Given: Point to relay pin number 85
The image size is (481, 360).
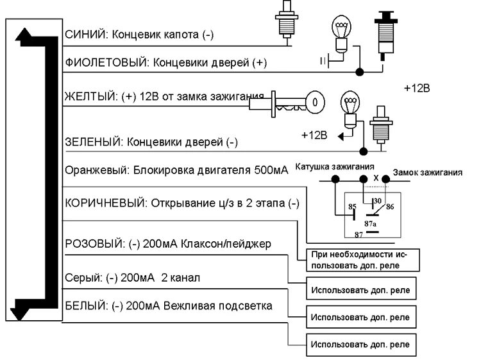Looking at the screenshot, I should tap(351, 207).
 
